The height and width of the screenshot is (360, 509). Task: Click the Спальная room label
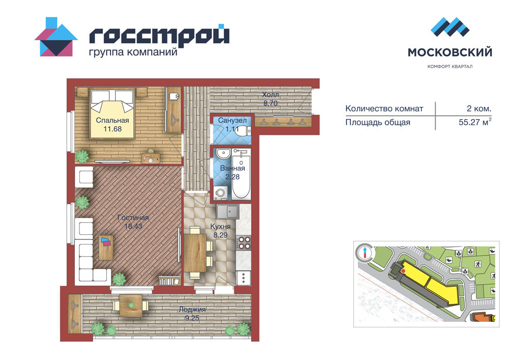pos(112,121)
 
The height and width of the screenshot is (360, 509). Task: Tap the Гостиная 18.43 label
pos(133,221)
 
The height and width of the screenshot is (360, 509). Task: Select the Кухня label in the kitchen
pos(220,226)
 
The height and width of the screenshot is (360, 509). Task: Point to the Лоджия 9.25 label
pos(192,314)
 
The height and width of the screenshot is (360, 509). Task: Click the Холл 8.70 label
pos(270,99)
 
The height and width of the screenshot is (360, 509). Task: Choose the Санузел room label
pos(232,121)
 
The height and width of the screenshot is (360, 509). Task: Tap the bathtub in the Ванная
pos(241,177)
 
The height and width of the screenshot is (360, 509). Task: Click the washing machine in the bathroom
pos(221,193)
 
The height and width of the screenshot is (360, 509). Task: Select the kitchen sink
pos(228,212)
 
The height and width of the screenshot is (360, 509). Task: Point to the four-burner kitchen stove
pos(244,243)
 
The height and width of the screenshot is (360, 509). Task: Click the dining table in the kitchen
pos(195,253)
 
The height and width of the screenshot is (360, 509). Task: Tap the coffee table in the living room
pos(106,247)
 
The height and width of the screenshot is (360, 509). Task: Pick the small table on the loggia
pos(131,306)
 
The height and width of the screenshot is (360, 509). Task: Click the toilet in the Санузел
pos(245,131)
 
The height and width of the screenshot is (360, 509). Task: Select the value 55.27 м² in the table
pos(475,122)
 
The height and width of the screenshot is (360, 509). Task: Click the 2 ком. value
pos(479,108)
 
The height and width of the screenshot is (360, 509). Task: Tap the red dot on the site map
pos(403,271)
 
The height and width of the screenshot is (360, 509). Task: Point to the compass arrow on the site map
pos(365,252)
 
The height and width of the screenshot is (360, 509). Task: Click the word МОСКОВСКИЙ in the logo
pos(450,52)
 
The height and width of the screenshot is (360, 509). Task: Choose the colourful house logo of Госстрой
pos(56,37)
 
